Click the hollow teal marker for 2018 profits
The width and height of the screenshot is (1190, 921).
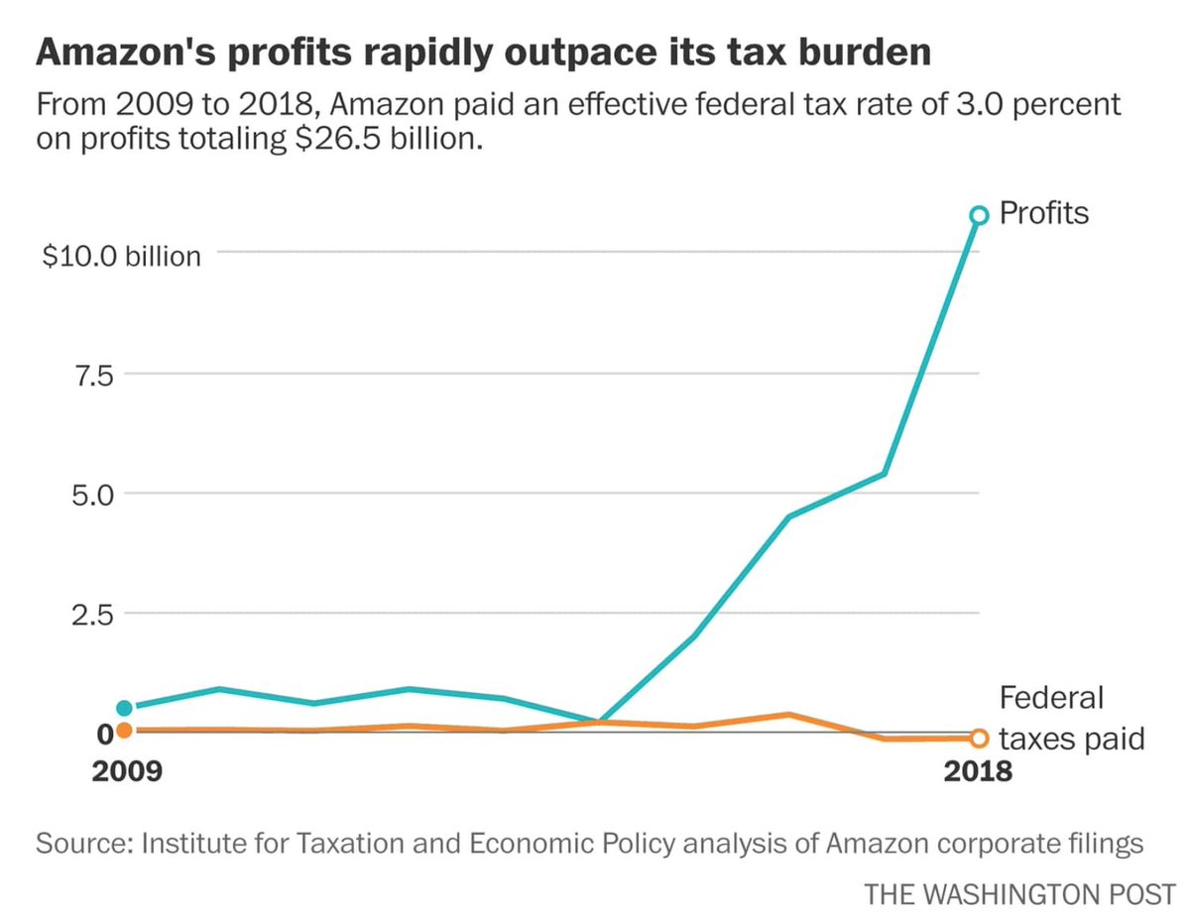979,215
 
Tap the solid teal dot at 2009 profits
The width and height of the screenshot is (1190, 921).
124,708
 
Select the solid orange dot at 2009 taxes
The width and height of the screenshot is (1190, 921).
124,731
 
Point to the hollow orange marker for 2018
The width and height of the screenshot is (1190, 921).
979,738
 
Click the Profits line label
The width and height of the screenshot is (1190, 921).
1043,212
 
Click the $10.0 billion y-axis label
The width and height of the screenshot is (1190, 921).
121,256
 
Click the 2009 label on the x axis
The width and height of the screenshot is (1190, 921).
124,771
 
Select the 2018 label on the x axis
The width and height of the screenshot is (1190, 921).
978,771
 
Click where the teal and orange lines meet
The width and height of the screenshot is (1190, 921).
600,721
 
